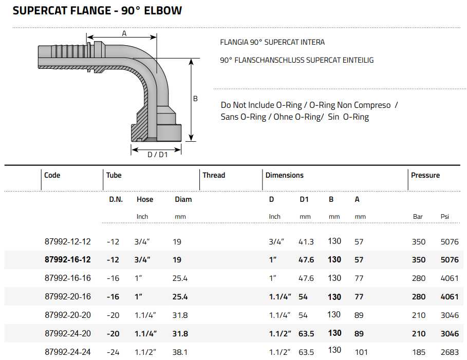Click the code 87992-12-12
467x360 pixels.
pyautogui.click(x=68, y=241)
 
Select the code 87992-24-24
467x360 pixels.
pyautogui.click(x=68, y=352)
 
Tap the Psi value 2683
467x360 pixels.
pyautogui.click(x=450, y=352)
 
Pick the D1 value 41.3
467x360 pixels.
pyautogui.click(x=306, y=241)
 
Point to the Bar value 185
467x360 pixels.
pyautogui.click(x=419, y=352)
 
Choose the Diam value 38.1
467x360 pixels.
pyautogui.click(x=181, y=352)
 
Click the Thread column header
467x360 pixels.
pyautogui.click(x=214, y=176)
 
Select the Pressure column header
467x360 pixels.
pyautogui.click(x=425, y=176)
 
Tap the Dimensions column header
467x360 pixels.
pyautogui.click(x=285, y=176)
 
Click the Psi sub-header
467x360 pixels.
pyautogui.click(x=445, y=217)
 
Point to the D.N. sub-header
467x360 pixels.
pyautogui.click(x=115, y=199)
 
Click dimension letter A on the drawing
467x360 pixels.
pyautogui.click(x=124, y=33)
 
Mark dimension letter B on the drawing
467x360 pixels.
pyautogui.click(x=195, y=99)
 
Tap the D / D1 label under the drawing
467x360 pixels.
pyautogui.click(x=157, y=155)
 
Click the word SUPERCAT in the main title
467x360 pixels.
pyautogui.click(x=39, y=10)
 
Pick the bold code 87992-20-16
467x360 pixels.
pyautogui.click(x=68, y=297)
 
